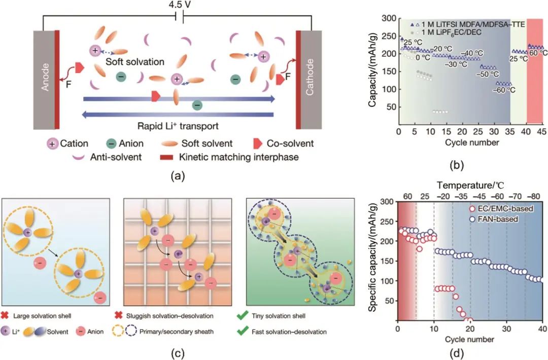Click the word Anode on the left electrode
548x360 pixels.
coord(45,79)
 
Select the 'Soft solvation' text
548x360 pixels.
coord(135,62)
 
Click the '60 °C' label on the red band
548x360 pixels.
coord(535,52)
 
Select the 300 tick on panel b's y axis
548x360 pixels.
coord(388,18)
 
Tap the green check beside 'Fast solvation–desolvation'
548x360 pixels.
coord(243,332)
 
